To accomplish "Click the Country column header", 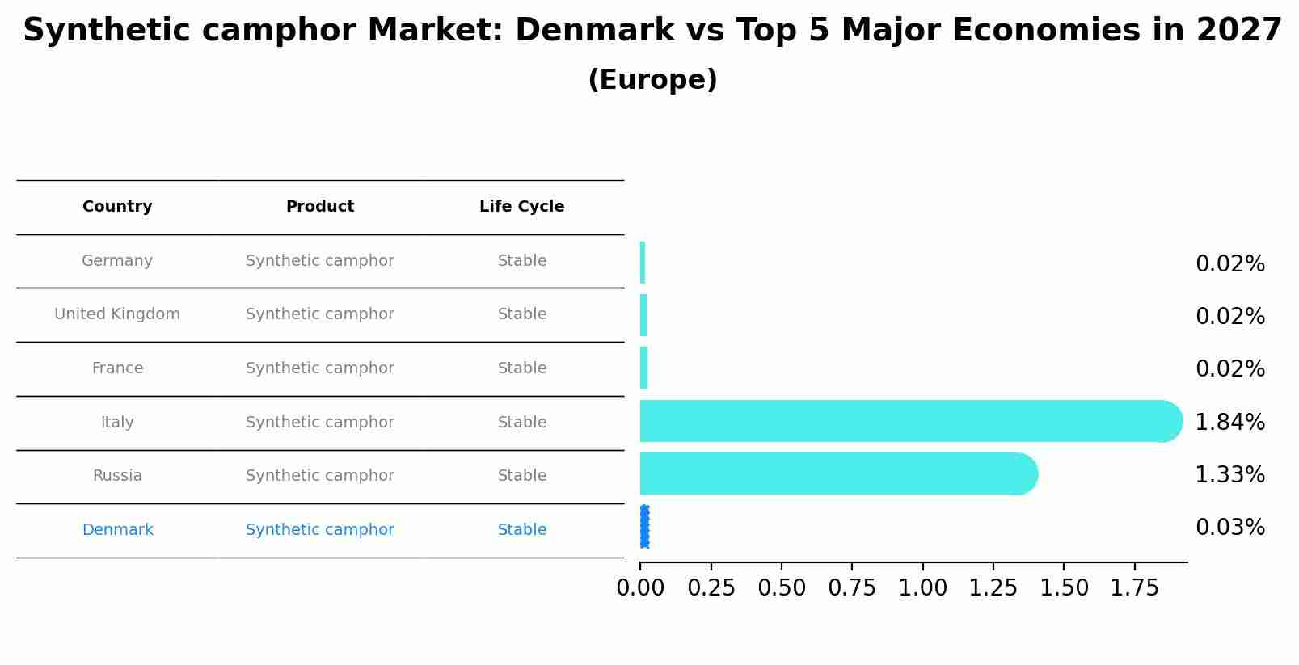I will [x=117, y=207].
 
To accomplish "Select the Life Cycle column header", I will [x=521, y=207].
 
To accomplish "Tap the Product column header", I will [x=320, y=207].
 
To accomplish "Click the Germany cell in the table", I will [x=117, y=261].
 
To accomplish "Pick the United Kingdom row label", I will [x=117, y=314].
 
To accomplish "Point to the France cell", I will [x=117, y=368].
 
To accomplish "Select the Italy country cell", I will [x=117, y=423].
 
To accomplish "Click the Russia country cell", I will [x=117, y=476].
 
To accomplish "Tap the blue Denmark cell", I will [x=117, y=530].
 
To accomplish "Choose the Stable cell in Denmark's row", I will [x=521, y=530].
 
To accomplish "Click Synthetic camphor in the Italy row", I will [x=320, y=423].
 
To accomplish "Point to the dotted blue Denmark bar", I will [x=644, y=527].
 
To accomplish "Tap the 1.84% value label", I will [x=1229, y=423].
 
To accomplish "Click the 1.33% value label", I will [x=1229, y=475].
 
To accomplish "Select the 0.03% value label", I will [x=1229, y=528].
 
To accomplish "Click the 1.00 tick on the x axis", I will [x=922, y=588].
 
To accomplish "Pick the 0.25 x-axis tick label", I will [x=711, y=588].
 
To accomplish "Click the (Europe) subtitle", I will [x=652, y=80].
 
